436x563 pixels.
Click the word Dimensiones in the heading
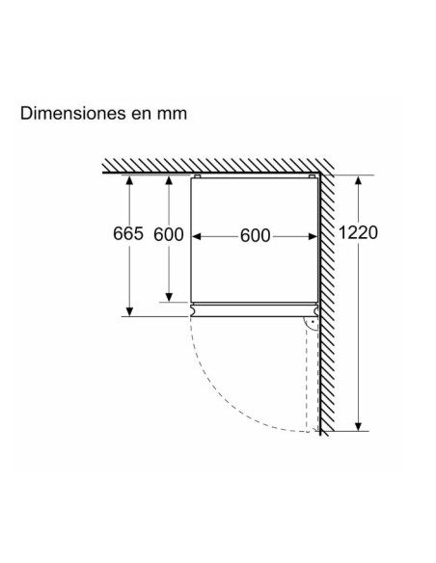(x=73, y=113)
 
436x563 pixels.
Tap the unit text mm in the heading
(x=172, y=115)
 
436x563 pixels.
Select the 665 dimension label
(x=128, y=233)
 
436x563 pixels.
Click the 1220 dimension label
(x=358, y=232)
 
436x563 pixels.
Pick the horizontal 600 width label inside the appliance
(x=255, y=236)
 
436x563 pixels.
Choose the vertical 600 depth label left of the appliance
(x=169, y=234)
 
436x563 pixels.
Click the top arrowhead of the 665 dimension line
(x=129, y=179)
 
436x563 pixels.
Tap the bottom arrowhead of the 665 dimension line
(x=129, y=311)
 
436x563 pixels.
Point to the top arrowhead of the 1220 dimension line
(x=358, y=180)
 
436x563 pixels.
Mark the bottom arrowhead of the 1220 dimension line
(x=358, y=426)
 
